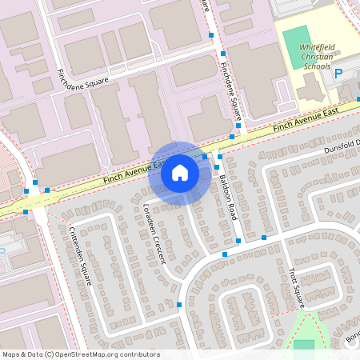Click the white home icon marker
pyautogui.click(x=180, y=173)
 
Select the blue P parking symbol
pyautogui.click(x=338, y=74)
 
